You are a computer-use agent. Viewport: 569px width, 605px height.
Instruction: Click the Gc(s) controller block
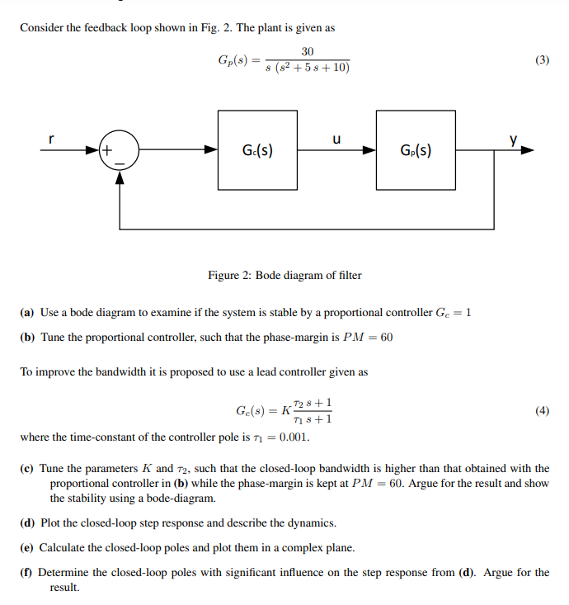click(257, 151)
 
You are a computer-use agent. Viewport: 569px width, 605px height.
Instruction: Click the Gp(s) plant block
click(416, 151)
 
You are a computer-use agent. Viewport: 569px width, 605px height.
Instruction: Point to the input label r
click(52, 139)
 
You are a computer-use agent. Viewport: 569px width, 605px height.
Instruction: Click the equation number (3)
click(541, 60)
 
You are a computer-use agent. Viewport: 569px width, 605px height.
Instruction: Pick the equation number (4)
click(541, 410)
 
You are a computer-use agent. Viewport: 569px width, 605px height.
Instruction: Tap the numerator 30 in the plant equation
click(307, 51)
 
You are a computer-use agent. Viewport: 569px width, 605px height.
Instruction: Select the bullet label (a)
click(27, 313)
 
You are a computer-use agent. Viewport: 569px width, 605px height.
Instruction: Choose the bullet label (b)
click(27, 338)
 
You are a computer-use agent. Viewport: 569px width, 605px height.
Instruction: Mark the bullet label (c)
click(27, 469)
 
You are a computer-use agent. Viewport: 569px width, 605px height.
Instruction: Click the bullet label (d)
click(27, 522)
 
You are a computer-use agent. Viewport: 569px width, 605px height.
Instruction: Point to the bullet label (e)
click(27, 547)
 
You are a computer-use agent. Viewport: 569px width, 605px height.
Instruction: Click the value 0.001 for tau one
click(294, 437)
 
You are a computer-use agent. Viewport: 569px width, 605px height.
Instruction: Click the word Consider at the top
click(41, 27)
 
